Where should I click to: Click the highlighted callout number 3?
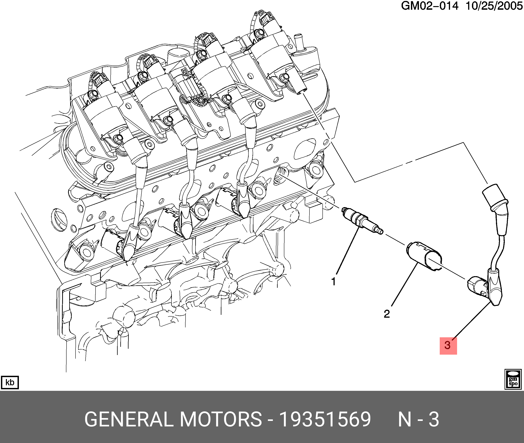(448, 345)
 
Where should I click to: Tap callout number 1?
(334, 281)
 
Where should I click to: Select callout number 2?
(387, 314)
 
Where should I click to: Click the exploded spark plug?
(362, 221)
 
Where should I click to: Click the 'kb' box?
(10, 382)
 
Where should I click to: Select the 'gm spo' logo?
(513, 379)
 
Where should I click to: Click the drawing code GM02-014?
(429, 6)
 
